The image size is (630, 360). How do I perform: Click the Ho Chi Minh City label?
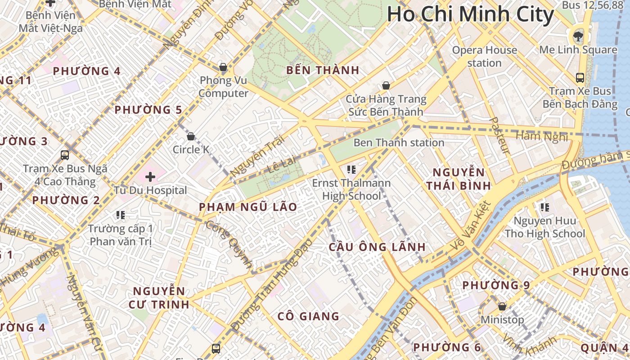pyautogui.click(x=470, y=14)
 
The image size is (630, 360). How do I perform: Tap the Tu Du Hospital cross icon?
pyautogui.click(x=150, y=177)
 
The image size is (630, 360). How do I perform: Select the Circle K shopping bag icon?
pyautogui.click(x=191, y=136)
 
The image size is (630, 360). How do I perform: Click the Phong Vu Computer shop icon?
pyautogui.click(x=223, y=67)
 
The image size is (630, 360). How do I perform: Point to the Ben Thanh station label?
pyautogui.click(x=399, y=143)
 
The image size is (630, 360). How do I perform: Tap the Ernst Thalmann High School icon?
pyautogui.click(x=351, y=170)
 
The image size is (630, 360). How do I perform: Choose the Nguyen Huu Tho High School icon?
pyautogui.click(x=545, y=207)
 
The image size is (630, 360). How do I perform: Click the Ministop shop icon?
pyautogui.click(x=502, y=306)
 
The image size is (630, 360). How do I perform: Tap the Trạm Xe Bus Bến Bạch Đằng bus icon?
pyautogui.click(x=580, y=77)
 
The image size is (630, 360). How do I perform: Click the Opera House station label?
pyautogui.click(x=484, y=56)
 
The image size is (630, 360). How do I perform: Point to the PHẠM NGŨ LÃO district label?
pyautogui.click(x=248, y=207)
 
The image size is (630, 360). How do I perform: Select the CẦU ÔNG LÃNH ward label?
pyautogui.click(x=377, y=247)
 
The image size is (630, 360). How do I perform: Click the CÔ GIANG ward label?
pyautogui.click(x=308, y=316)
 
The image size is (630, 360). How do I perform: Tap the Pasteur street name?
pyautogui.click(x=499, y=135)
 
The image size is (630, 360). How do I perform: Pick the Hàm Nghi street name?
pyautogui.click(x=541, y=136)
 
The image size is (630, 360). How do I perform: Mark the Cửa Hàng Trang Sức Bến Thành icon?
pyautogui.click(x=386, y=85)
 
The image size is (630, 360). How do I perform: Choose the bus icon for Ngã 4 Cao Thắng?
pyautogui.click(x=65, y=155)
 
